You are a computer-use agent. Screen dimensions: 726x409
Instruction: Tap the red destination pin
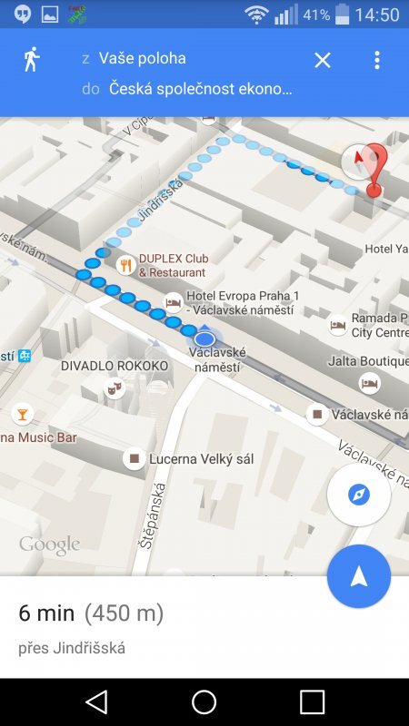374,168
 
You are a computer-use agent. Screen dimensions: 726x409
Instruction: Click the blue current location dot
204,338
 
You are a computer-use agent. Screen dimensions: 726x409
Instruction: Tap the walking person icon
32,60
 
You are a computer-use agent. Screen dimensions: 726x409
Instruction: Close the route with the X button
323,60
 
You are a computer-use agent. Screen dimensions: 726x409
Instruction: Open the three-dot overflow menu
377,60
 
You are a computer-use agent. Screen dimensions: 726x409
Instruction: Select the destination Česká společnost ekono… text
200,89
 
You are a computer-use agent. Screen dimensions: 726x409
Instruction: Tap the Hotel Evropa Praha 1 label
242,303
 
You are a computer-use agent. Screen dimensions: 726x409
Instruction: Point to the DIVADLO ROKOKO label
115,366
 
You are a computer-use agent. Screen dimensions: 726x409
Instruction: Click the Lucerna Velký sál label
202,459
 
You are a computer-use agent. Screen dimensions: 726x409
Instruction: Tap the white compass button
359,495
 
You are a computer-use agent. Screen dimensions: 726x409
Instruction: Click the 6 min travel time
46,613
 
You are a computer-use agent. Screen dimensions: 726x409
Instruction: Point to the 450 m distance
124,613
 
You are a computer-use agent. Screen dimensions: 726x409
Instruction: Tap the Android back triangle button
95,701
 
